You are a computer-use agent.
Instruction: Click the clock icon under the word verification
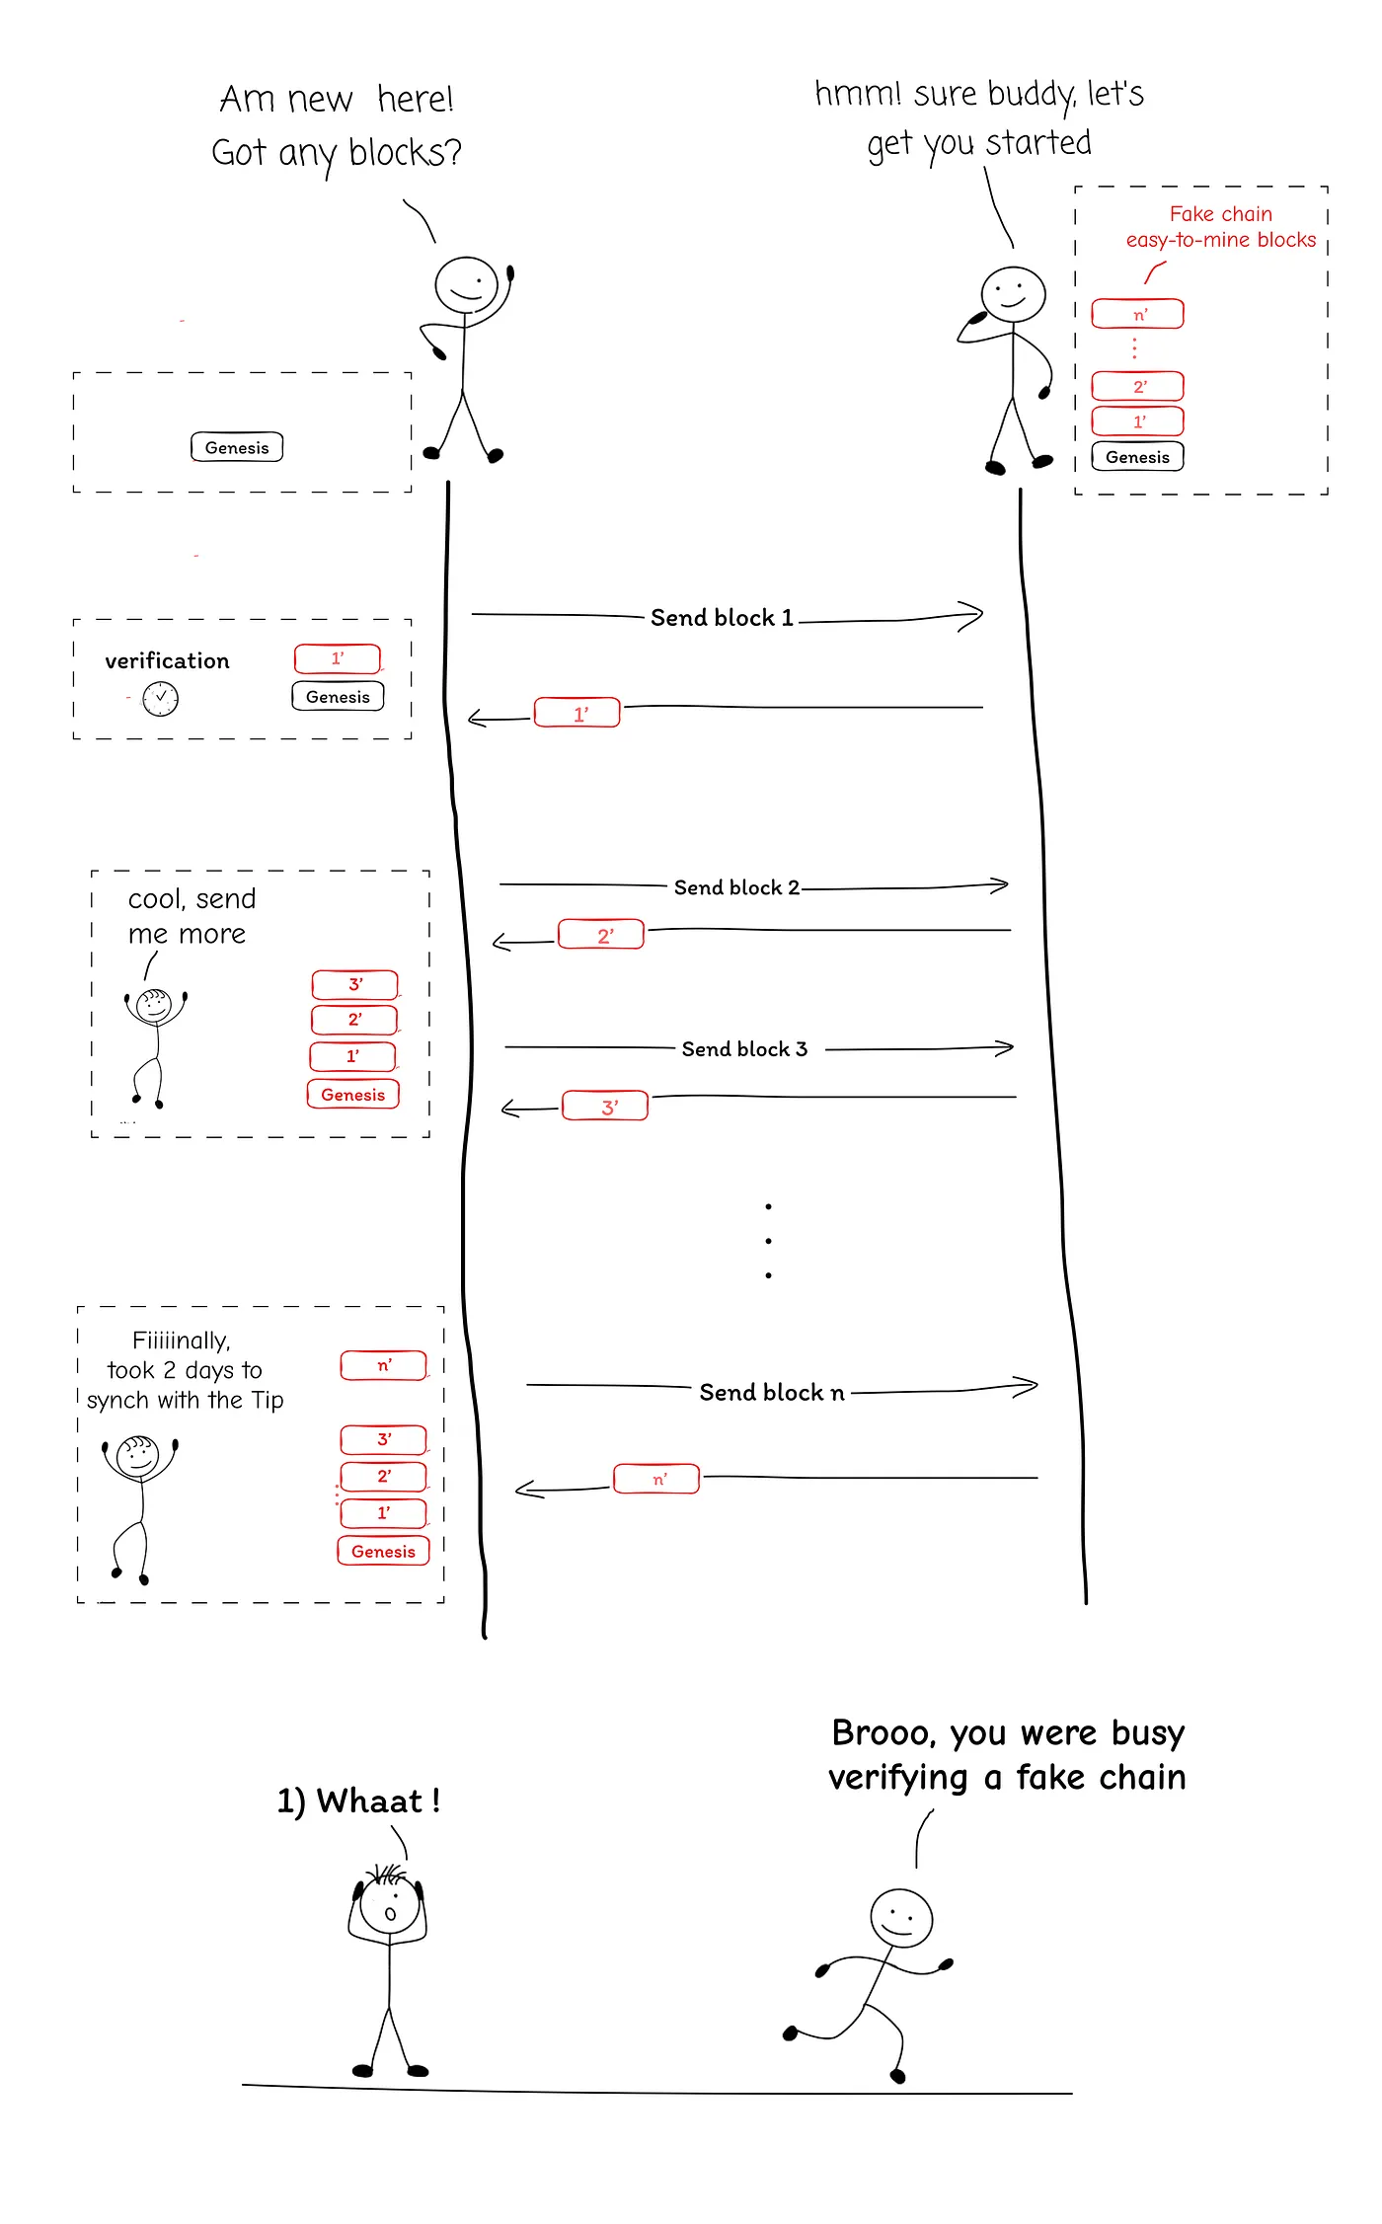[161, 699]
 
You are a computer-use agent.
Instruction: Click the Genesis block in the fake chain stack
[1137, 457]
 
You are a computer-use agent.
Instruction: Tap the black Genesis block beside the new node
[237, 447]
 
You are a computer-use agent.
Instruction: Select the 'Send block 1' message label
[722, 618]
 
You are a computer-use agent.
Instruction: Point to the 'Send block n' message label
[772, 1392]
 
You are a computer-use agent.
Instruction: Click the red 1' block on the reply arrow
[577, 713]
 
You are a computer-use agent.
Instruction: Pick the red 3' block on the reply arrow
[605, 1106]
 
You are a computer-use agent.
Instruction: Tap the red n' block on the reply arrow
[656, 1479]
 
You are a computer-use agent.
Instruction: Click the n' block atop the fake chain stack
[1137, 314]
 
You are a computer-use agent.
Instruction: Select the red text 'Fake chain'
[1221, 214]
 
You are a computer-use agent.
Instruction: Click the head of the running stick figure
[900, 1918]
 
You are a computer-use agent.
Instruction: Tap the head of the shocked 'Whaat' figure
[390, 1905]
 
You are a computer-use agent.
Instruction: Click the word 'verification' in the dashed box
[167, 661]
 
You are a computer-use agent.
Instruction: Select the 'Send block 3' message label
[744, 1049]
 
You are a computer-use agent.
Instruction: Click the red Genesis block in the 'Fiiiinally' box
[383, 1551]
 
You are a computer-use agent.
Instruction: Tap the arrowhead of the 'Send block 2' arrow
[1002, 885]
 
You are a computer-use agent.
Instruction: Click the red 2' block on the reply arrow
[601, 934]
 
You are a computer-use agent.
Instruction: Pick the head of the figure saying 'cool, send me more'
[154, 1006]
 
